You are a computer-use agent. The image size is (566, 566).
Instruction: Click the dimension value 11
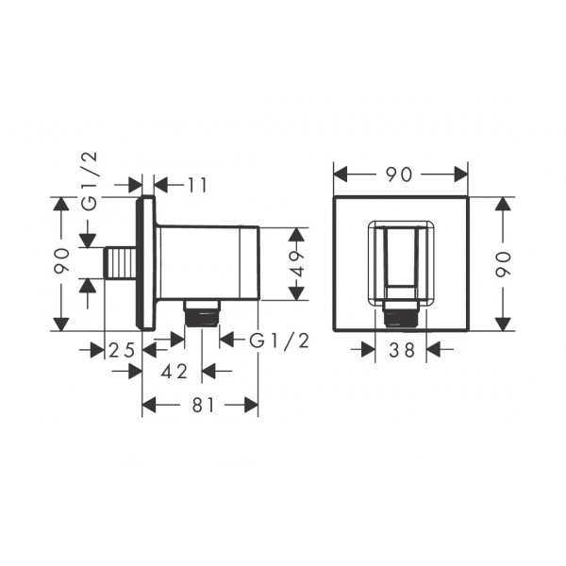click(x=197, y=186)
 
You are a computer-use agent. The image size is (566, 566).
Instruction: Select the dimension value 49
click(x=297, y=264)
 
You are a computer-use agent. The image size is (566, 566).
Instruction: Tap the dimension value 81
click(x=203, y=405)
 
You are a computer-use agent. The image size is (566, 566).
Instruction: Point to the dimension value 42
click(x=175, y=372)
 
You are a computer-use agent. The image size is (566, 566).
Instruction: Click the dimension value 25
click(x=122, y=350)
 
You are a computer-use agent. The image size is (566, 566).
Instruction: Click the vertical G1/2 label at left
click(x=90, y=181)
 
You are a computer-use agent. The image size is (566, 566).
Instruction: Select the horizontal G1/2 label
click(x=279, y=341)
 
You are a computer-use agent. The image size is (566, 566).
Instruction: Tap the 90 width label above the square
click(x=399, y=175)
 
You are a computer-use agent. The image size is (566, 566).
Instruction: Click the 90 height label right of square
click(x=503, y=264)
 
